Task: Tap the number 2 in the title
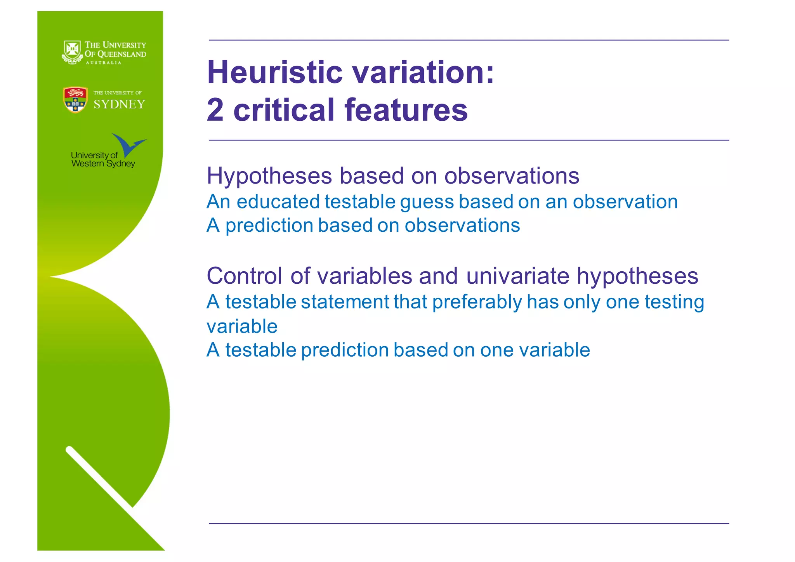point(215,110)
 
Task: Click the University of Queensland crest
point(72,52)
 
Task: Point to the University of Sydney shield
point(75,100)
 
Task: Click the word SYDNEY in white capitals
point(119,104)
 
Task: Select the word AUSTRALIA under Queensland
point(104,63)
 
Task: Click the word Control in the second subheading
point(244,276)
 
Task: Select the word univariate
point(518,276)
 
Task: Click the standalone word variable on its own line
point(242,326)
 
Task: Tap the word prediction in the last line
point(344,350)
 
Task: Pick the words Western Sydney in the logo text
point(103,164)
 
